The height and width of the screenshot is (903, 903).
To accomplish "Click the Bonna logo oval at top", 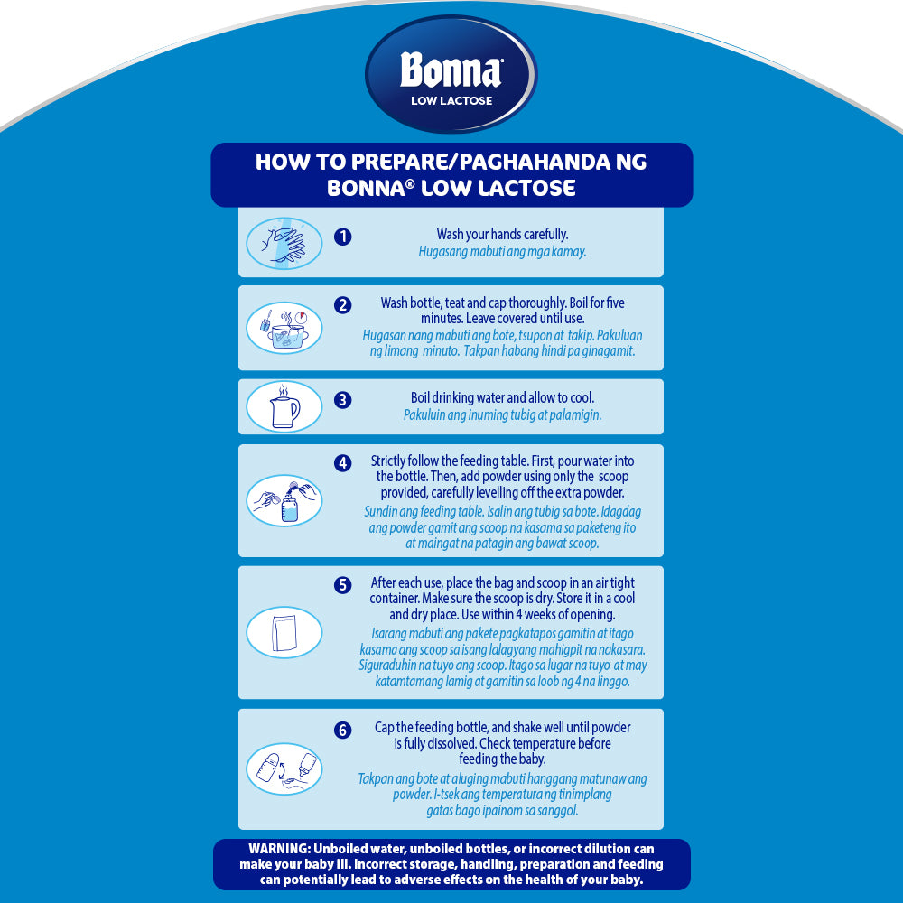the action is pos(451,74).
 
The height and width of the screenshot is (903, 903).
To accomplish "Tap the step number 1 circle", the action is pos(342,237).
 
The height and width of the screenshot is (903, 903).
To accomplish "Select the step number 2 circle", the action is pos(342,304).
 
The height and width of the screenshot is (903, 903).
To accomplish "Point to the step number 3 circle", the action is pos(342,400).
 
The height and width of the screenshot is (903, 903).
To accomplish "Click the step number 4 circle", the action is pos(342,463).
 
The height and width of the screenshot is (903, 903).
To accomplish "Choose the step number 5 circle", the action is pos(342,585).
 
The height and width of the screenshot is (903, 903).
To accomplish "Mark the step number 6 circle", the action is pos(342,731).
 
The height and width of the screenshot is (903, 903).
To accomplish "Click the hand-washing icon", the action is pos(284,243).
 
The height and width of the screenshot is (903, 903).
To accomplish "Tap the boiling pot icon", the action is pos(284,328).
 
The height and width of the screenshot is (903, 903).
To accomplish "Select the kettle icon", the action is pos(284,406).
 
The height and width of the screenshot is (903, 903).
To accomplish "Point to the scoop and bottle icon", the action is pos(284,500).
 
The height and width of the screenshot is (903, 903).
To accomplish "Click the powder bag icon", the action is pos(284,632).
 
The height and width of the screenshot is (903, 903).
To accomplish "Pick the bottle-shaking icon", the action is pos(284,768).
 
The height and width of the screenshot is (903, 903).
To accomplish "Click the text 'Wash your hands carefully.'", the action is pos(502,235).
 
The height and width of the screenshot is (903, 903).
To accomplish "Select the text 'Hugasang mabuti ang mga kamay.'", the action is pos(502,252).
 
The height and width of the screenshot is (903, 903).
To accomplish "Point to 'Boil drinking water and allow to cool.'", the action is pos(502,398).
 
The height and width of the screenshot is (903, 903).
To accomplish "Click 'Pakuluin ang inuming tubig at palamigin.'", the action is pos(502,415).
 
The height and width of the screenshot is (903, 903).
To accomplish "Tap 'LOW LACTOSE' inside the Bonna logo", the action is pos(451,101).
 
